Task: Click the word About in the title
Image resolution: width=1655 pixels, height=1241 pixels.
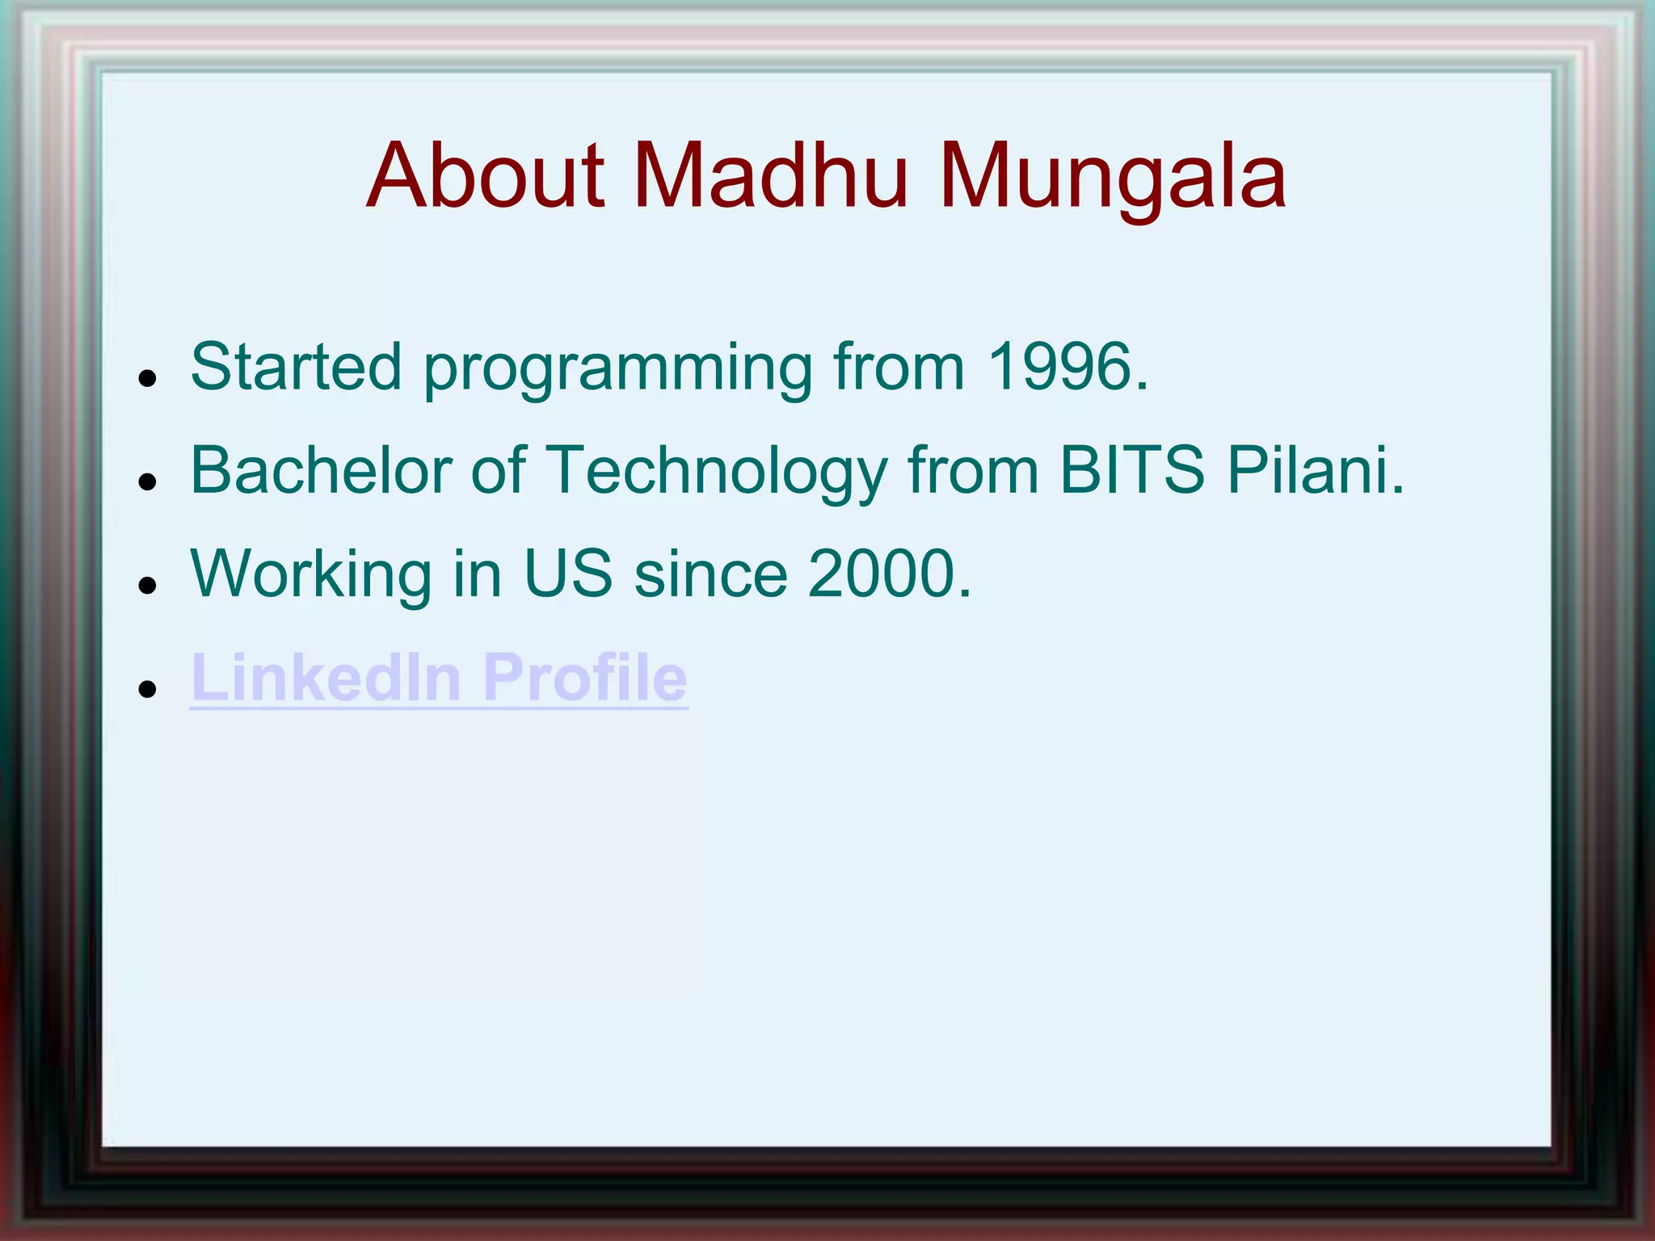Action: pos(485,175)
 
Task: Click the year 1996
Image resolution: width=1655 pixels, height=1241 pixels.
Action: pos(1067,367)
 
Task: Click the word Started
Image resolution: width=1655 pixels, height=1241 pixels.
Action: pos(296,367)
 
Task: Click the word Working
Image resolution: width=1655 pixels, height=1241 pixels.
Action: pos(312,575)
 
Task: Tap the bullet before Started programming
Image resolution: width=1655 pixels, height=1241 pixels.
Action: pos(146,378)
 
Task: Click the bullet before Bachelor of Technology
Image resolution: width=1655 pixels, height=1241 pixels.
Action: pos(146,482)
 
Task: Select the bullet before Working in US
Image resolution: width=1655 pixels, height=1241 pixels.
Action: pos(146,585)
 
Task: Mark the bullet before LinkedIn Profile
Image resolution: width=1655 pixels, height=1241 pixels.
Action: pos(146,688)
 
